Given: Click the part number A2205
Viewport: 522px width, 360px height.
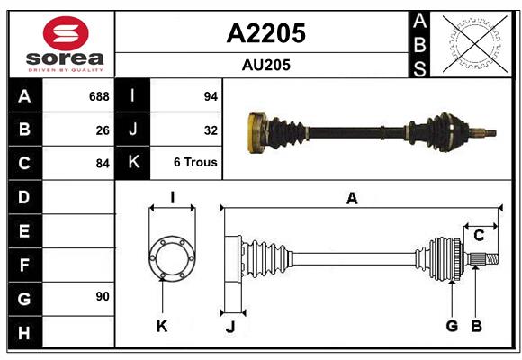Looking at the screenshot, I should pyautogui.click(x=265, y=33).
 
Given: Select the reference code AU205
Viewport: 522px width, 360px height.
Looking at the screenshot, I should pyautogui.click(x=265, y=66).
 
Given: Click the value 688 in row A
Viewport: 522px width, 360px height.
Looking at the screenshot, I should pyautogui.click(x=99, y=96).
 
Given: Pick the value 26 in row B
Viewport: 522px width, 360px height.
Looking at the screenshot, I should pyautogui.click(x=103, y=130).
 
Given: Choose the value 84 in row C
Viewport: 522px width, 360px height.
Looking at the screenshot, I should pyautogui.click(x=103, y=164).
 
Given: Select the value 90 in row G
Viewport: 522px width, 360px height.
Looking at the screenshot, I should pyautogui.click(x=103, y=296).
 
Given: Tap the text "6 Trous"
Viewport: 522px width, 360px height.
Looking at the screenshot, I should pyautogui.click(x=196, y=164).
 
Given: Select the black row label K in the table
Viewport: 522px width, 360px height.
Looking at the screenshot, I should pyautogui.click(x=133, y=163).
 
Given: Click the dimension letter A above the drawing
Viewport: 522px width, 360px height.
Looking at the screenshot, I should pyautogui.click(x=352, y=200).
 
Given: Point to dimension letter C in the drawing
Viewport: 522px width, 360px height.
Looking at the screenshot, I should pyautogui.click(x=479, y=236).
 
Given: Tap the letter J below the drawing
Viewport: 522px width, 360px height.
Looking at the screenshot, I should pyautogui.click(x=229, y=327).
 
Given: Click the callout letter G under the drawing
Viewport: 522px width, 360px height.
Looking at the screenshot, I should pyautogui.click(x=452, y=326).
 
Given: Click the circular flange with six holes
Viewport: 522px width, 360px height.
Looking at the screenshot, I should pyautogui.click(x=172, y=258).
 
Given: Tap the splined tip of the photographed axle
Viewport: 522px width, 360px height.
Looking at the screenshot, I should pyautogui.click(x=489, y=134).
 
